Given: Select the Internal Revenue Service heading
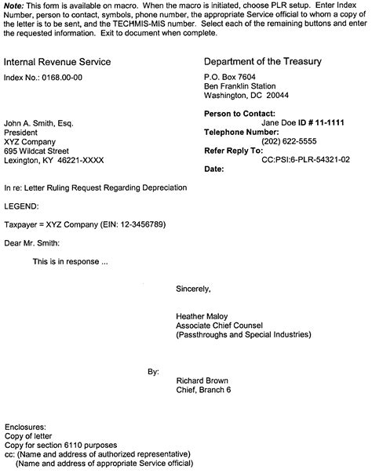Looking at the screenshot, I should coord(57,62).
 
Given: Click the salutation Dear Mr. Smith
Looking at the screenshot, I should coord(31,242).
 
